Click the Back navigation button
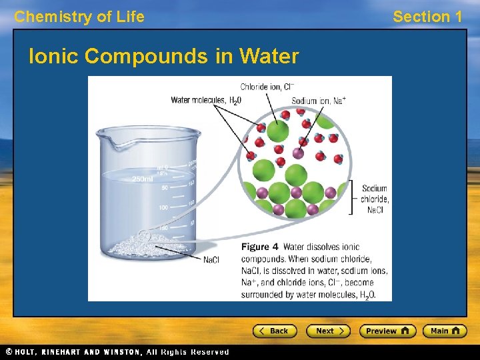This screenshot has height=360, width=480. [x=275, y=331]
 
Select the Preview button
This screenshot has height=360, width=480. [x=387, y=331]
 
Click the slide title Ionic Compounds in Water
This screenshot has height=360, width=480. [x=163, y=57]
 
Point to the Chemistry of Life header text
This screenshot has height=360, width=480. [x=79, y=17]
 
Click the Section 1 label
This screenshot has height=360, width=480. [x=427, y=17]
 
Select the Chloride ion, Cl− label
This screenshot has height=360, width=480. [x=267, y=87]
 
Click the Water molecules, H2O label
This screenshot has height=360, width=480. [x=206, y=101]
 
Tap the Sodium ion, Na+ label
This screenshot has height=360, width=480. [x=319, y=101]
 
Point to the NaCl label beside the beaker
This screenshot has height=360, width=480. [x=211, y=260]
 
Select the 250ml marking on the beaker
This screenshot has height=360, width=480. [x=143, y=179]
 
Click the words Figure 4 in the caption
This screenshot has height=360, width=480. [x=259, y=247]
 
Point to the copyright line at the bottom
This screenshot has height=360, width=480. [x=117, y=352]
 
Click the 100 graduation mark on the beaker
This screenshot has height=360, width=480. [x=163, y=208]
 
